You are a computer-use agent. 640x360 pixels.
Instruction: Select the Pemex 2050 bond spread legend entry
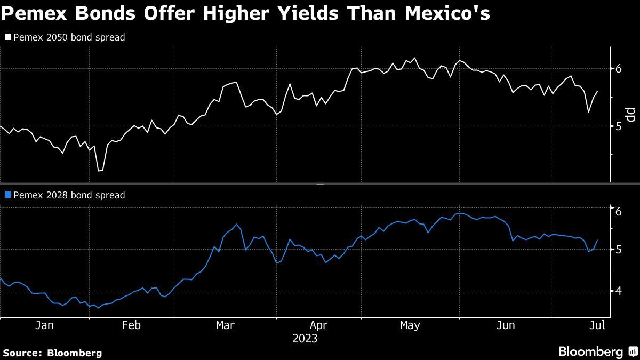click(x=69, y=38)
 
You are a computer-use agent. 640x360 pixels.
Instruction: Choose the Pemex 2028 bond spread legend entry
click(x=69, y=195)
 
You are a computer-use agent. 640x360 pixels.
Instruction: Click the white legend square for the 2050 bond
click(x=7, y=38)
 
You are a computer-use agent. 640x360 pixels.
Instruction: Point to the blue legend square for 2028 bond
click(x=7, y=195)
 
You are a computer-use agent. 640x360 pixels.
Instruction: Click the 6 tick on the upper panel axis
click(x=619, y=69)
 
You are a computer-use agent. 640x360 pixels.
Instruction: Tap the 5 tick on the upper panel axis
click(x=619, y=126)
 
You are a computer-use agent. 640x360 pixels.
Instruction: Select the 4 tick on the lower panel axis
click(x=619, y=291)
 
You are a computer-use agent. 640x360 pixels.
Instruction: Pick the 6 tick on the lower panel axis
click(x=619, y=212)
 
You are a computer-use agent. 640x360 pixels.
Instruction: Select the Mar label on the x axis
click(x=225, y=325)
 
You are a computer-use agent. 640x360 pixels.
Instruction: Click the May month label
click(x=410, y=325)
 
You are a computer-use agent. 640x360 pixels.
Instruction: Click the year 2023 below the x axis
click(x=305, y=339)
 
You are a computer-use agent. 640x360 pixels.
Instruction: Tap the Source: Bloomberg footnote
click(x=52, y=353)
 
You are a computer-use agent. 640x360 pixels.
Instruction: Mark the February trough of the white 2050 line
click(x=100, y=171)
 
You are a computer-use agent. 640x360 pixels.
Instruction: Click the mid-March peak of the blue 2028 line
click(x=236, y=225)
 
